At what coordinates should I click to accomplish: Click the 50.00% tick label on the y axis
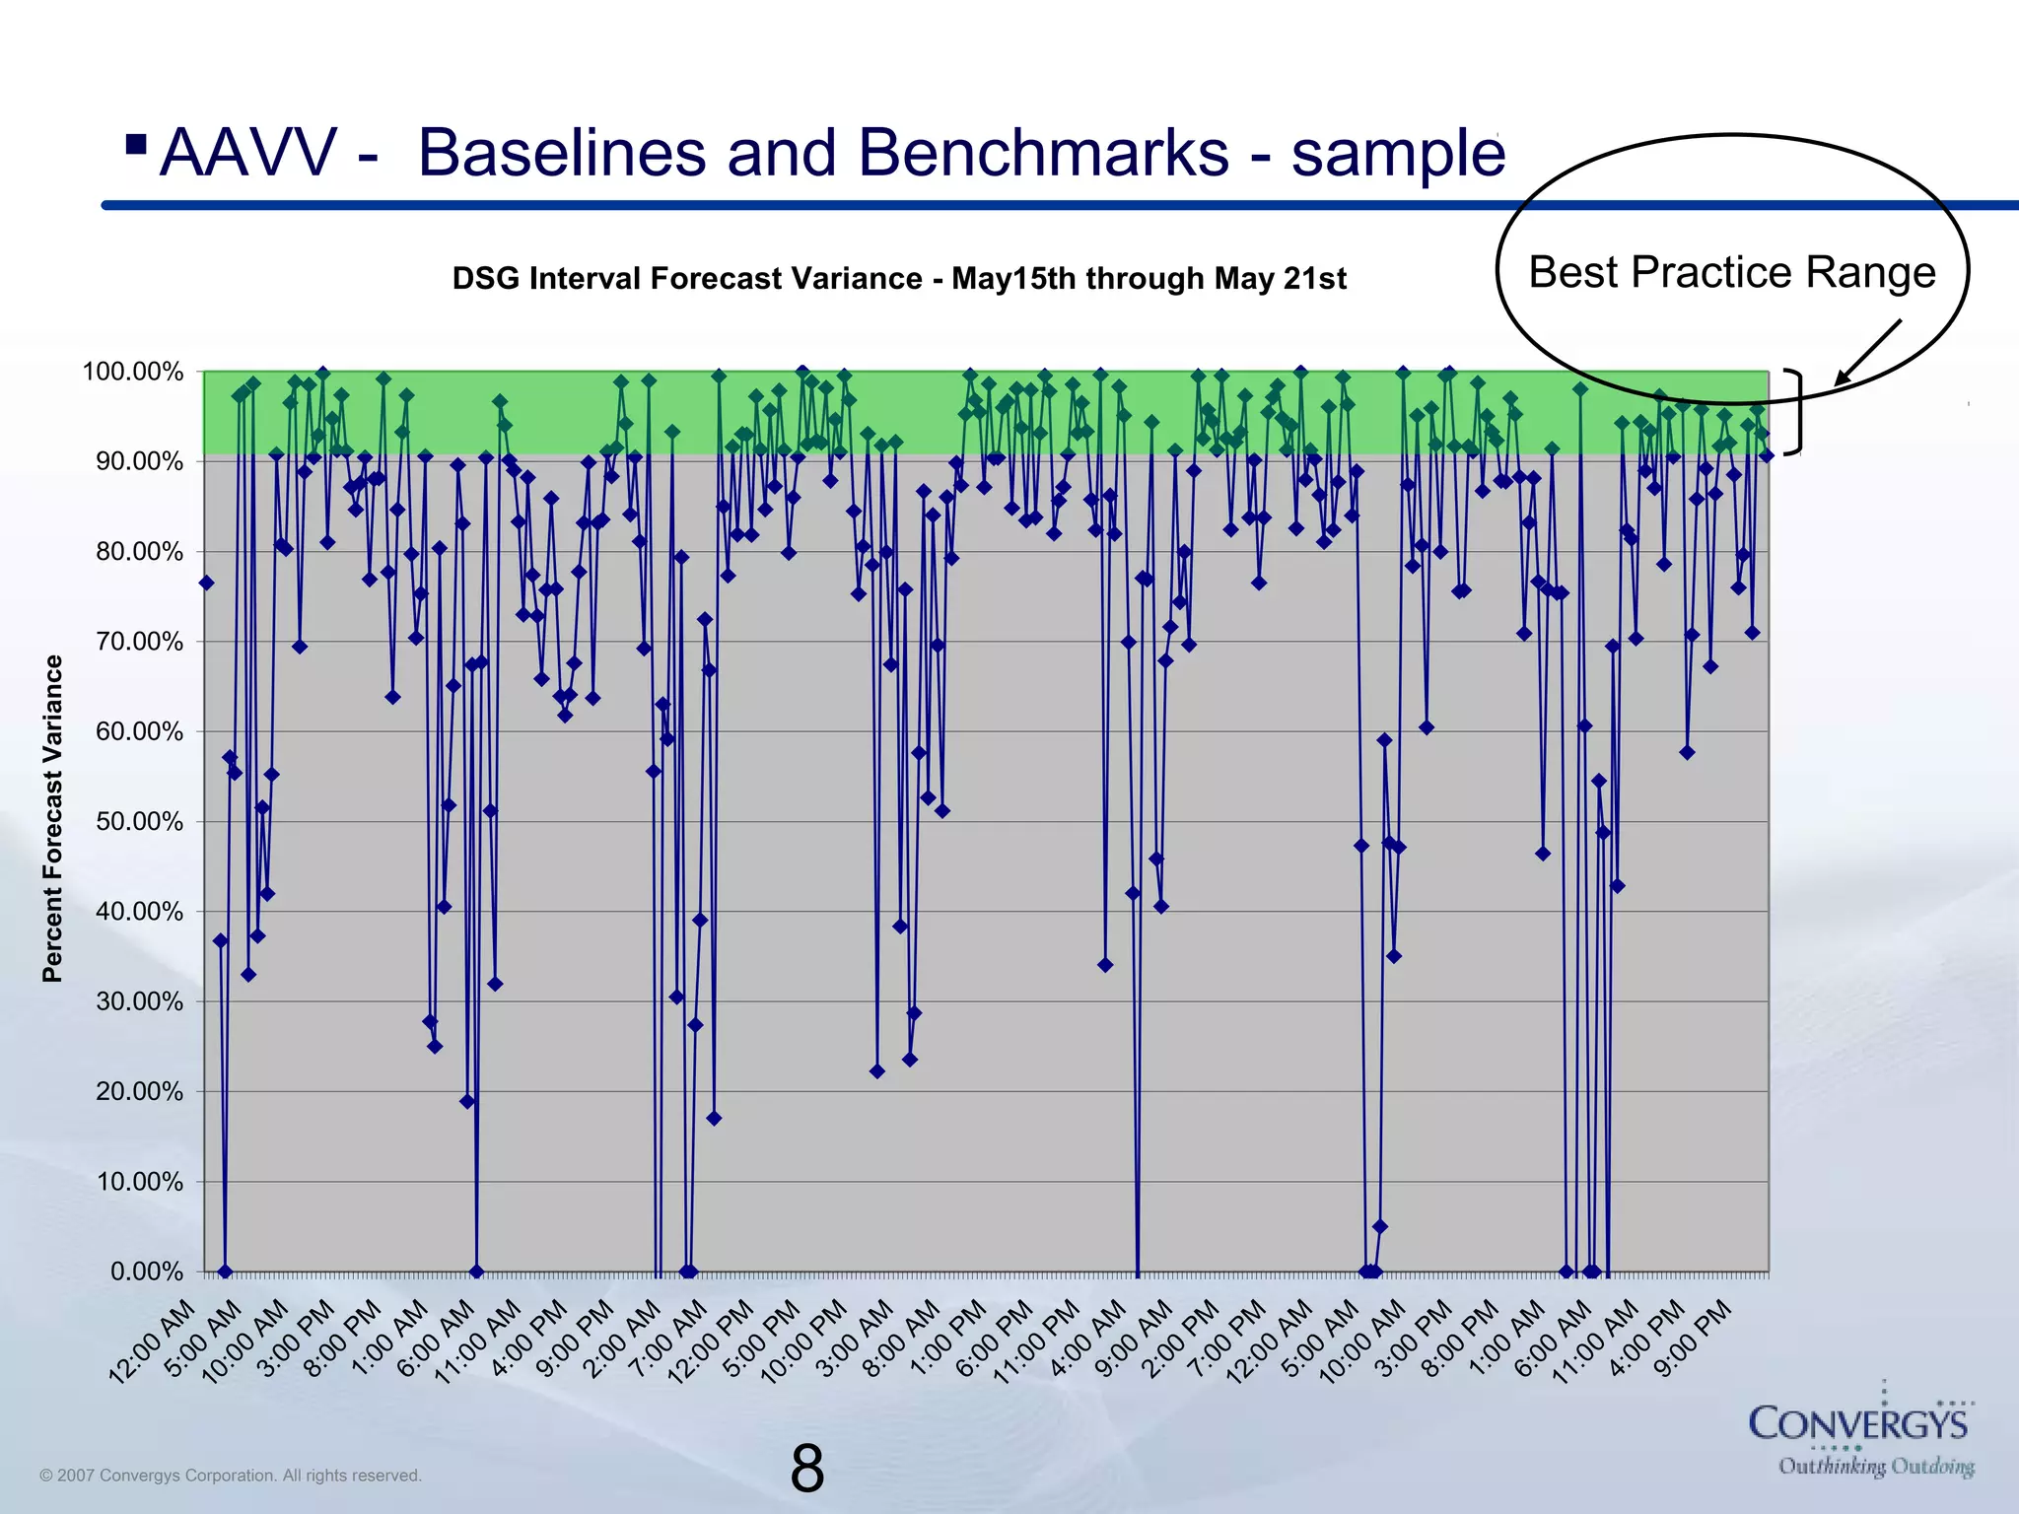(x=139, y=822)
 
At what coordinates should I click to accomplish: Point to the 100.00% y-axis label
(x=133, y=373)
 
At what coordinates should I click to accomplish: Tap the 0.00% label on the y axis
(x=146, y=1272)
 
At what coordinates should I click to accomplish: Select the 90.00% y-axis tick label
(x=139, y=462)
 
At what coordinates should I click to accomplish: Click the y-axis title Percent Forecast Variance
(x=52, y=819)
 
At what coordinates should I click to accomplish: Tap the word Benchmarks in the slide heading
(x=1042, y=154)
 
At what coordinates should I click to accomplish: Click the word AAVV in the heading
(x=246, y=154)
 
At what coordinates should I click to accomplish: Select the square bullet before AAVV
(x=137, y=146)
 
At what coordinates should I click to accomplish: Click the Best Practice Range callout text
(x=1731, y=273)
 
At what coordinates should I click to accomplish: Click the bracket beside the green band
(x=1796, y=412)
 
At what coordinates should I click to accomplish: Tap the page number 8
(x=806, y=1469)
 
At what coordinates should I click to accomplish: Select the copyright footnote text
(x=231, y=1476)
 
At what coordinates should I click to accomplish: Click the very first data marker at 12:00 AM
(x=206, y=584)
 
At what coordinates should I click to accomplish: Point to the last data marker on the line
(x=1767, y=455)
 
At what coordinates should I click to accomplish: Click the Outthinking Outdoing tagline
(x=1875, y=1467)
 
